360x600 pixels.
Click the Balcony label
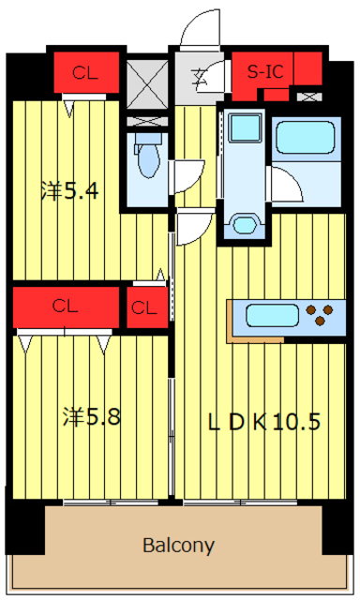point(178,545)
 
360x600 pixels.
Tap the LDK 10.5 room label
point(264,422)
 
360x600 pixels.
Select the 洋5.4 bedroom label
point(70,190)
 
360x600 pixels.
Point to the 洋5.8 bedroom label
point(92,416)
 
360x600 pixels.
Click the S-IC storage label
point(265,71)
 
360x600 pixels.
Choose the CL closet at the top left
point(86,72)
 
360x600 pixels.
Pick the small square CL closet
point(147,307)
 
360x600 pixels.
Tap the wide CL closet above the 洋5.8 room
point(66,307)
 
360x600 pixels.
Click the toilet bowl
point(148,157)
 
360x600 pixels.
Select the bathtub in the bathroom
point(306,138)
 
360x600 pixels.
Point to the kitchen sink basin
point(272,315)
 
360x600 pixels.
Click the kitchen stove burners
point(320,315)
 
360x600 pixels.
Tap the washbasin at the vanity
point(244,225)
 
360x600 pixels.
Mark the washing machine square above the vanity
point(246,127)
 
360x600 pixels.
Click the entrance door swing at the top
point(200,29)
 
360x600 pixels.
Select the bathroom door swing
point(287,184)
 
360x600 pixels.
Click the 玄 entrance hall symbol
point(200,77)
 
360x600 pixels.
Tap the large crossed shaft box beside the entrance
point(147,83)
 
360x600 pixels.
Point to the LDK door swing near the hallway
point(194,229)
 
